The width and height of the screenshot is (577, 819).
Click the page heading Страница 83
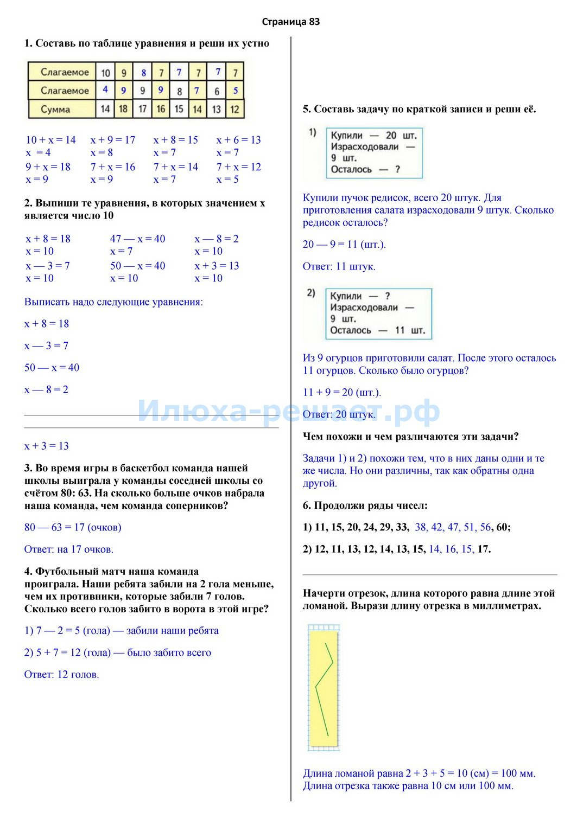[x=290, y=22]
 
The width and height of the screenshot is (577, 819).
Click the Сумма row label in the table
[x=55, y=110]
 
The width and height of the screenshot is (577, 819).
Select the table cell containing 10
[x=105, y=73]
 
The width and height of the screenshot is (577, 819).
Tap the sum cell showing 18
[x=123, y=109]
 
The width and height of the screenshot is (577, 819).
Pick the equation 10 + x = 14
[x=51, y=140]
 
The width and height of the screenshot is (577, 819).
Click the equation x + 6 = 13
[x=238, y=140]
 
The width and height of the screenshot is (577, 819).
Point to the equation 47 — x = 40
[x=137, y=239]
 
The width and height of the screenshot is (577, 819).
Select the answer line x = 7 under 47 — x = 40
[x=121, y=251]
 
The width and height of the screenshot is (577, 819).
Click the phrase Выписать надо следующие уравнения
[x=113, y=302]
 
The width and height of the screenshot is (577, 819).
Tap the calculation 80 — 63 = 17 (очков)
[x=73, y=527]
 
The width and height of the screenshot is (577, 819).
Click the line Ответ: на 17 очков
[x=68, y=549]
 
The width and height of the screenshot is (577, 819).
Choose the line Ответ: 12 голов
[x=61, y=675]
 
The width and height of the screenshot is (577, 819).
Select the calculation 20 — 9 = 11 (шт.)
[x=344, y=245]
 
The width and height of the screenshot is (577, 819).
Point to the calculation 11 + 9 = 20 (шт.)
[x=342, y=393]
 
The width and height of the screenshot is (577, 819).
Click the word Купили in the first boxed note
[x=346, y=136]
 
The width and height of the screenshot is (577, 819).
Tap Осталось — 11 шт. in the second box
[x=377, y=330]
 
